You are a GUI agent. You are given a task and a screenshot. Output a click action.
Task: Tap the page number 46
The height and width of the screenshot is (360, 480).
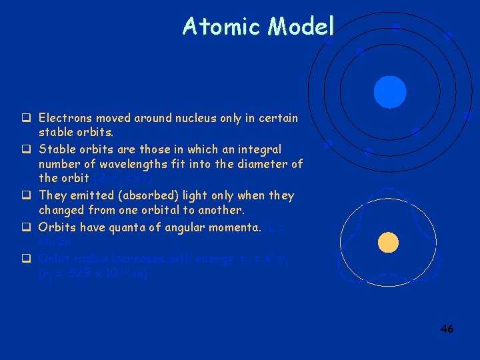pos(447,329)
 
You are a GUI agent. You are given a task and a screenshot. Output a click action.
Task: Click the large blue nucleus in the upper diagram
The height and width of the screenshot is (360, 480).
pos(390,92)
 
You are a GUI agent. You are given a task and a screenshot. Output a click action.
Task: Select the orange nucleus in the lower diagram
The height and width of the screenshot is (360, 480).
pos(387,243)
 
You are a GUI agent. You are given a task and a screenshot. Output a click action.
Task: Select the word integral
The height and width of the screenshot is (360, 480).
pos(258,149)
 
